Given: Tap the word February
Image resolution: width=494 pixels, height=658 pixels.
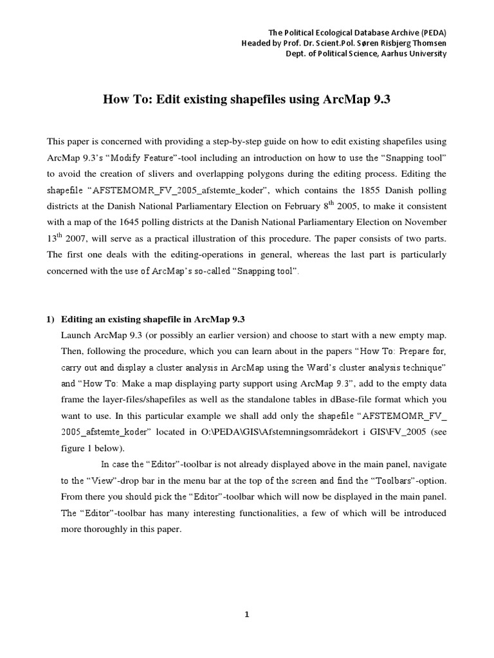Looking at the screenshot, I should click(x=357, y=206).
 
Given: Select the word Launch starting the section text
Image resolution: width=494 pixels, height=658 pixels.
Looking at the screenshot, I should click(x=77, y=335).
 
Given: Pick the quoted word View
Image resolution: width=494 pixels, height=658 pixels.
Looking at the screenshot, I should click(x=96, y=480).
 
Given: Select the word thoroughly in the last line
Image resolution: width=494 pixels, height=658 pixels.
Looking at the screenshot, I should click(x=104, y=529).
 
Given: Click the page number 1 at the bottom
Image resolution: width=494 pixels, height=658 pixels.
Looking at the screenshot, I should click(x=246, y=615).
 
